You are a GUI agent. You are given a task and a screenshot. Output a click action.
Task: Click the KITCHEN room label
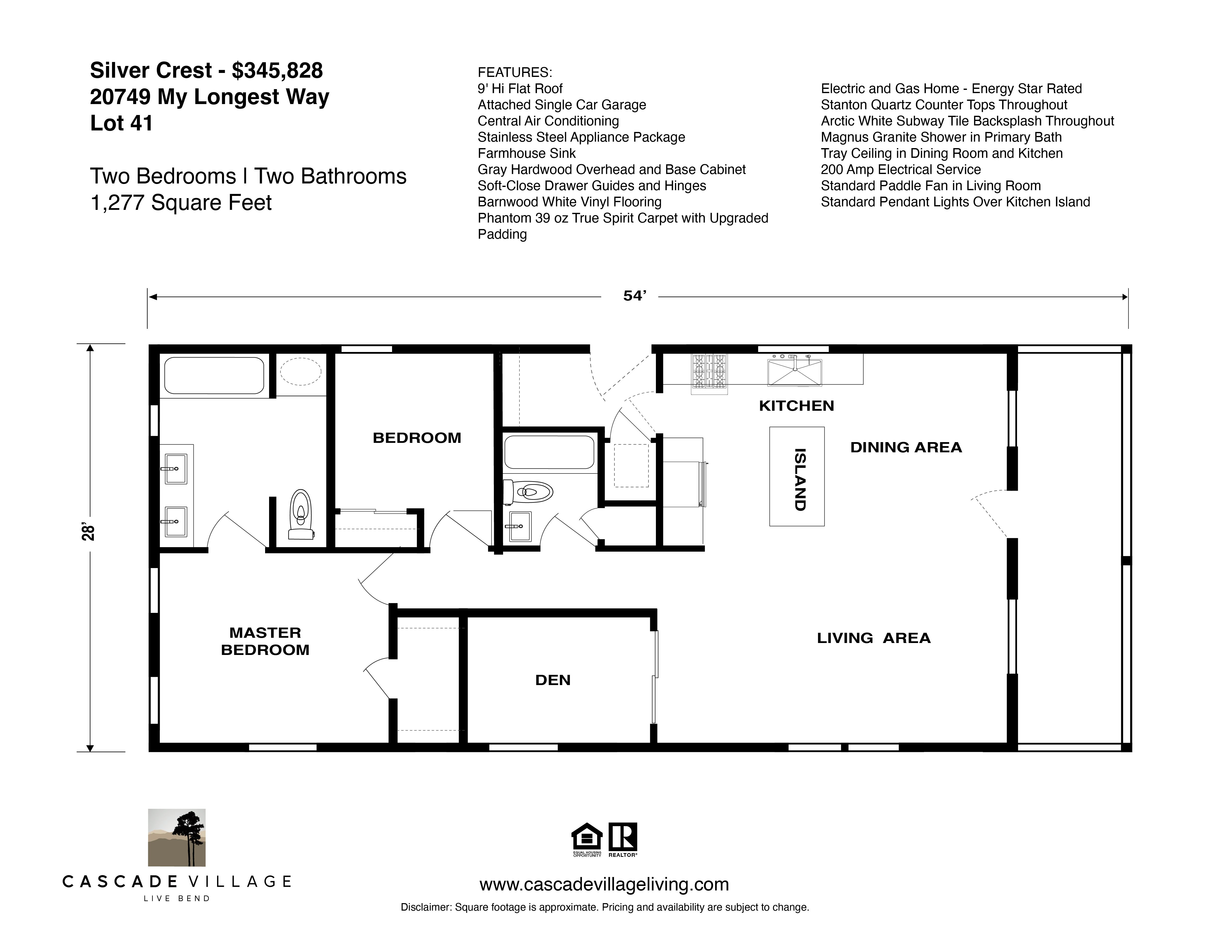pyautogui.click(x=796, y=406)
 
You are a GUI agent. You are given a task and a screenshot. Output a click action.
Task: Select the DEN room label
pyautogui.click(x=552, y=680)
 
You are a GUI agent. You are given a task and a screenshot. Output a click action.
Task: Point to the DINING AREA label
pyautogui.click(x=906, y=447)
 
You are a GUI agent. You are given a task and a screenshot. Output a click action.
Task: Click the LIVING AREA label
pyautogui.click(x=873, y=638)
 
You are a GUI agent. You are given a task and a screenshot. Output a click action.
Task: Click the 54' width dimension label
pyautogui.click(x=634, y=296)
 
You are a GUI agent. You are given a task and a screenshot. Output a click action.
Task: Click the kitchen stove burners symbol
pyautogui.click(x=709, y=370)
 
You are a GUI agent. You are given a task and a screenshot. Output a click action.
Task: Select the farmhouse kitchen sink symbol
pyautogui.click(x=794, y=371)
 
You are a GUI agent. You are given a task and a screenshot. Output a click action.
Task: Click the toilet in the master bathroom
pyautogui.click(x=301, y=515)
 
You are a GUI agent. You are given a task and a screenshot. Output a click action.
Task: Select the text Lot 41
pyautogui.click(x=121, y=123)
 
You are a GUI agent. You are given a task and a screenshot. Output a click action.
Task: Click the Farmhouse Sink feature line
pyautogui.click(x=526, y=153)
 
